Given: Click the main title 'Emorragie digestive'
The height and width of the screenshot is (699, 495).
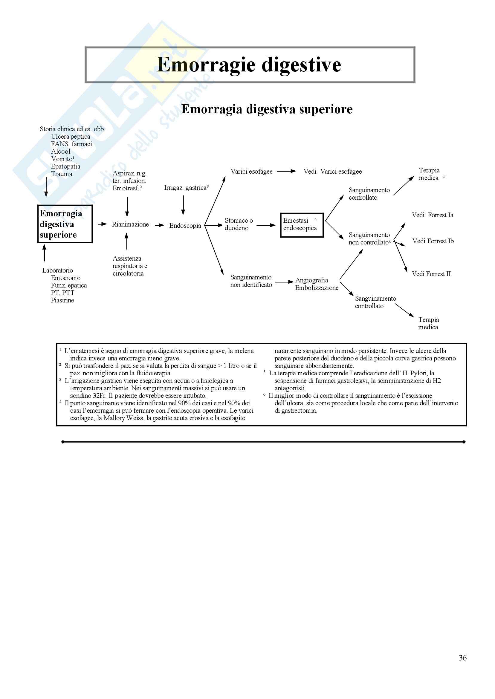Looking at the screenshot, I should [249, 65].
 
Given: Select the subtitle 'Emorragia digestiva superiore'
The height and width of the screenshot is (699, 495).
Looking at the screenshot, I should [267, 109].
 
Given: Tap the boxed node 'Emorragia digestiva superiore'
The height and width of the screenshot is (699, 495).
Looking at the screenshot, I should [65, 224].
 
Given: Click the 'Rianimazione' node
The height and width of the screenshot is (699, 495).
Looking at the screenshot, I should [130, 224].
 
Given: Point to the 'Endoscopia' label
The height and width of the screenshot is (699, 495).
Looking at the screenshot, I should [185, 226].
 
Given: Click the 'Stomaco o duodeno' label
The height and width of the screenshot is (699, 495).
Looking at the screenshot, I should [239, 224].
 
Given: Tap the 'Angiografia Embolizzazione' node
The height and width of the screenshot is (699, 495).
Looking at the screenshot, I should [316, 284].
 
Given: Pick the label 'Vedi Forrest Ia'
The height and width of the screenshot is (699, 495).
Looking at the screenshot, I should [432, 215].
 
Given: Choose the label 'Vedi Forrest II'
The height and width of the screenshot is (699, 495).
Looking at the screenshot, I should [431, 274].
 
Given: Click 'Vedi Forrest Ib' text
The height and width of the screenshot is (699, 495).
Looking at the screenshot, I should [433, 241].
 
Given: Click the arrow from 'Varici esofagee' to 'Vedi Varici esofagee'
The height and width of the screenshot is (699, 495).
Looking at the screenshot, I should [286, 171].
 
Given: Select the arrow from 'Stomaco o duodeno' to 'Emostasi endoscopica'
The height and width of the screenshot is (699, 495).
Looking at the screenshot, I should [266, 226].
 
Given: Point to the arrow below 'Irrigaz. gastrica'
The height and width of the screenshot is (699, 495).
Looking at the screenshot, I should [183, 205].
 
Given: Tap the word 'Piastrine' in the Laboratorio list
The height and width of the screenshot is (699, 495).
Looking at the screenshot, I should [62, 300].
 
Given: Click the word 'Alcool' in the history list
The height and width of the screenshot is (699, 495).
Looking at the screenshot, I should [61, 152].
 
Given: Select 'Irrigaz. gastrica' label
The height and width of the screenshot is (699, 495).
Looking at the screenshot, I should [186, 188].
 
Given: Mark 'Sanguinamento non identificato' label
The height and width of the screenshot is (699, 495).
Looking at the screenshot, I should [251, 281].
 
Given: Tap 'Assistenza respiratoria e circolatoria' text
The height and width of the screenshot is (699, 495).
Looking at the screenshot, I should [129, 266].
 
